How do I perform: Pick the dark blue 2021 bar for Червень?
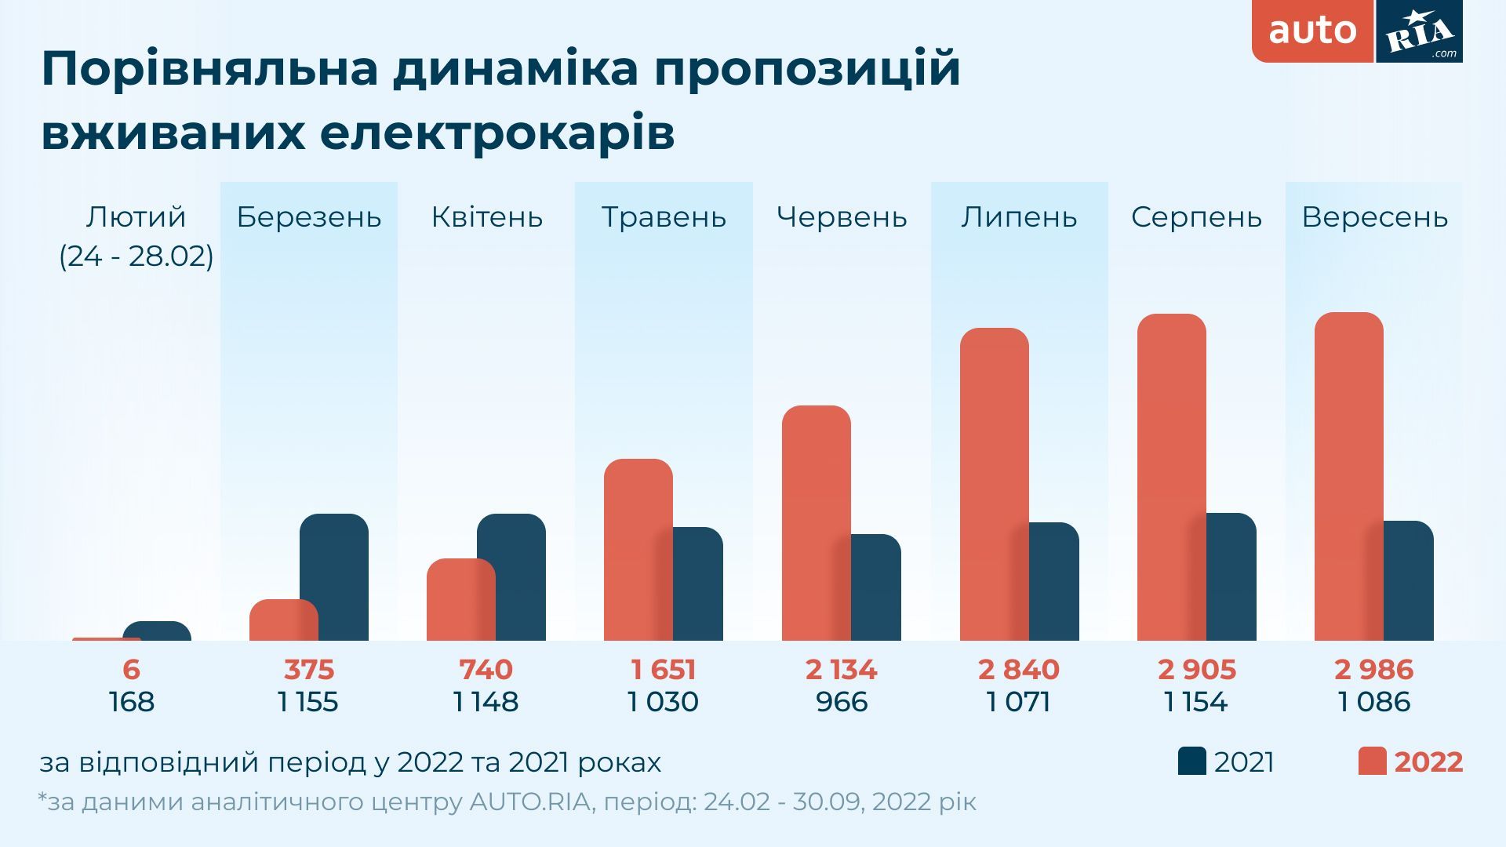click(x=877, y=587)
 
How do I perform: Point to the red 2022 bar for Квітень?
click(x=460, y=599)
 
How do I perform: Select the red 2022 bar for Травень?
click(x=638, y=549)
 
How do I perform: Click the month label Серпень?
click(x=1196, y=217)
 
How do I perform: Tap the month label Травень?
click(x=664, y=217)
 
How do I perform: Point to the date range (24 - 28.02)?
click(x=136, y=256)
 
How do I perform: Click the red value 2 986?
click(x=1373, y=670)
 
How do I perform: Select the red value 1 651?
click(x=663, y=670)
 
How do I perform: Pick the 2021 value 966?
click(x=842, y=701)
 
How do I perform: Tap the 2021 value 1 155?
click(x=307, y=701)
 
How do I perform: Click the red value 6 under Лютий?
click(x=131, y=670)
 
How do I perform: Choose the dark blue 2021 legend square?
click(x=1191, y=762)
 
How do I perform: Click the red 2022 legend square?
click(x=1372, y=762)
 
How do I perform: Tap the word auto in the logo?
click(x=1312, y=31)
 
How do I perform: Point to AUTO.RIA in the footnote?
click(x=529, y=802)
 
